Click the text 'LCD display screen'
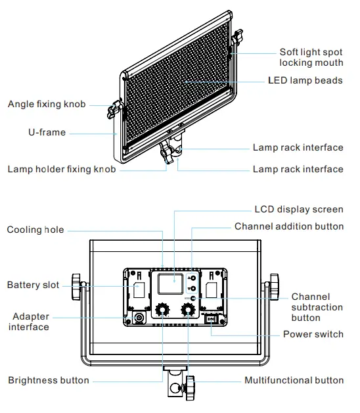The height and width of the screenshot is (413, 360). click(x=299, y=210)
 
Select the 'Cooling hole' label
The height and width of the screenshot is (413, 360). click(x=35, y=230)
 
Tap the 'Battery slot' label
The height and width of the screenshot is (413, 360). click(x=33, y=285)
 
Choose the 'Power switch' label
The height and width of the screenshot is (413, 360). click(x=313, y=334)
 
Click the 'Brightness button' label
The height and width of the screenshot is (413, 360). click(x=49, y=380)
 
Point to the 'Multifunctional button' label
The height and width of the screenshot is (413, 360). click(x=294, y=380)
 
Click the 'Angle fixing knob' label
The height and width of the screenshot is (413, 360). click(x=47, y=105)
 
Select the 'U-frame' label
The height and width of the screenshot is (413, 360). click(x=47, y=132)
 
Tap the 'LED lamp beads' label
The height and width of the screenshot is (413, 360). click(x=305, y=80)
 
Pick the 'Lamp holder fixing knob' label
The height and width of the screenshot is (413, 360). click(x=62, y=169)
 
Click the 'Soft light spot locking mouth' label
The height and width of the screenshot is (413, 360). click(x=311, y=57)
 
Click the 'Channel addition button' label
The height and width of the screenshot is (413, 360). click(x=289, y=226)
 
